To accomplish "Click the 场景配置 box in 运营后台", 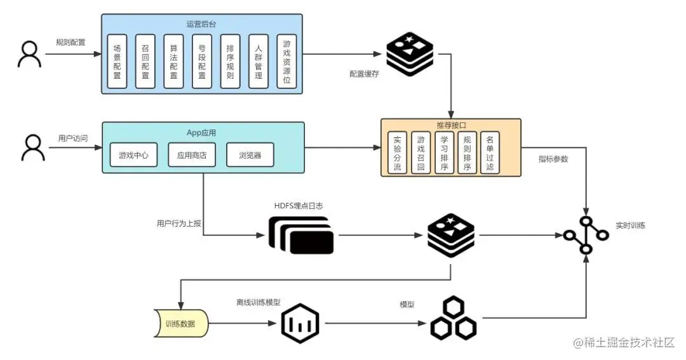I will pos(117,61).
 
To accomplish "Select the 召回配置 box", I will pos(145,61).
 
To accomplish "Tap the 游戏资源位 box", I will pos(287,61).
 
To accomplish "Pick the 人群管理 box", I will pos(259,61).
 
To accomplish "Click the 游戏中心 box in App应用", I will pos(133,155).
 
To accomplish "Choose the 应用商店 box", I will pos(192,155).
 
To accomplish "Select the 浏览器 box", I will pos(250,155).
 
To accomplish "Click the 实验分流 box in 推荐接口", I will pos(398,153).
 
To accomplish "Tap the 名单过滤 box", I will pos(490,153).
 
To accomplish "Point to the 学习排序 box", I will pos(444,153).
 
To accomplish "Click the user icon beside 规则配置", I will pos(29,54).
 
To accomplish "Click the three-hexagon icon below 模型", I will pos(454,319).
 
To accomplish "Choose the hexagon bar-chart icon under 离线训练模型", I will pos(300,324).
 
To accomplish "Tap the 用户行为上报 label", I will pos(177,223).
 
